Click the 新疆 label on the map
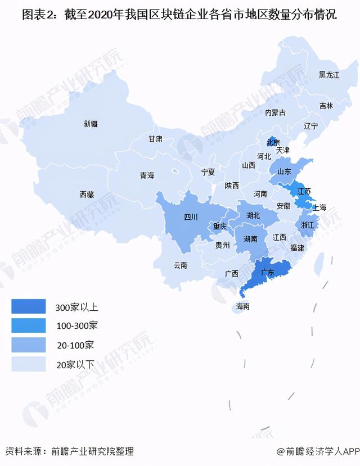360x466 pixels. click(x=91, y=124)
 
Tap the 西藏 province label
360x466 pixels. click(x=87, y=194)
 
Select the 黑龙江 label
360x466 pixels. click(x=329, y=75)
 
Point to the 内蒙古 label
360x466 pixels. click(x=276, y=112)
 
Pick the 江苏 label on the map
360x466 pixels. click(x=304, y=192)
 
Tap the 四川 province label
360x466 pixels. click(x=191, y=217)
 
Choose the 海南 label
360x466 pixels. click(x=243, y=307)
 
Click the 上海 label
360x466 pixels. click(x=319, y=207)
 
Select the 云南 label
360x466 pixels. click(x=181, y=265)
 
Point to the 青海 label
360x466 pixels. click(x=147, y=175)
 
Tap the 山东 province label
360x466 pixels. click(x=285, y=171)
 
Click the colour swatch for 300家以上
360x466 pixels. click(x=28, y=306)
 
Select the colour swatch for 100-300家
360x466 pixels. click(x=28, y=325)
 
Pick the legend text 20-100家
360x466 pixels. click(x=75, y=345)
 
